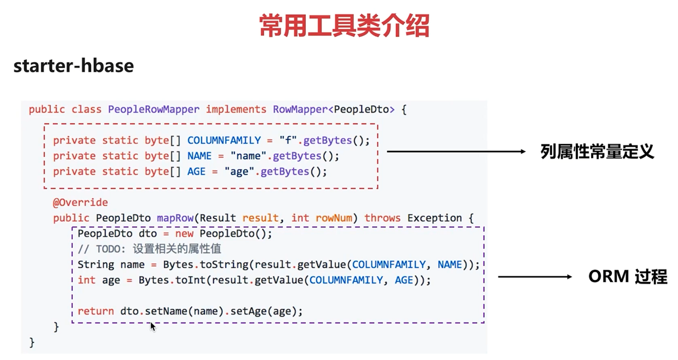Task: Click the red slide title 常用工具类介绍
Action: tap(344, 26)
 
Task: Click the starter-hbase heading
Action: tap(73, 66)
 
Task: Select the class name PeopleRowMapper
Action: tap(153, 109)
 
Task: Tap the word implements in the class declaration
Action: tap(236, 109)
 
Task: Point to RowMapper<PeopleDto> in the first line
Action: tap(334, 109)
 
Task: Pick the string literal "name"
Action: tap(248, 156)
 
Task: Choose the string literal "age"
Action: tap(239, 172)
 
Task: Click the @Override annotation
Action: tap(80, 202)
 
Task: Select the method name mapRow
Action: tap(175, 218)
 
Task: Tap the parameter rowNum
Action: tap(334, 218)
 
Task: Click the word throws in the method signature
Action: tap(382, 218)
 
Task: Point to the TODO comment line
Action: tap(149, 249)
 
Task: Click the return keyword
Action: tap(95, 311)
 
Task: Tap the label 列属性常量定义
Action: tap(597, 151)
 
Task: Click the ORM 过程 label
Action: tap(627, 277)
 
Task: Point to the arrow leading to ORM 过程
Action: tap(534, 277)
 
